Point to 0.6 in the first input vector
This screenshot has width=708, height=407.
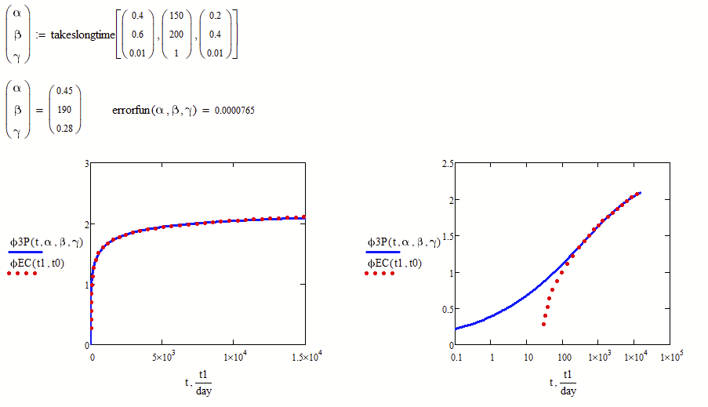pos(138,35)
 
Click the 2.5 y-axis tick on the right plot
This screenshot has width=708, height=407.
pos(448,163)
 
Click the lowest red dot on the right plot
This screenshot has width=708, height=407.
pos(543,324)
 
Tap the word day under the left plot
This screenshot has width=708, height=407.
pos(203,391)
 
